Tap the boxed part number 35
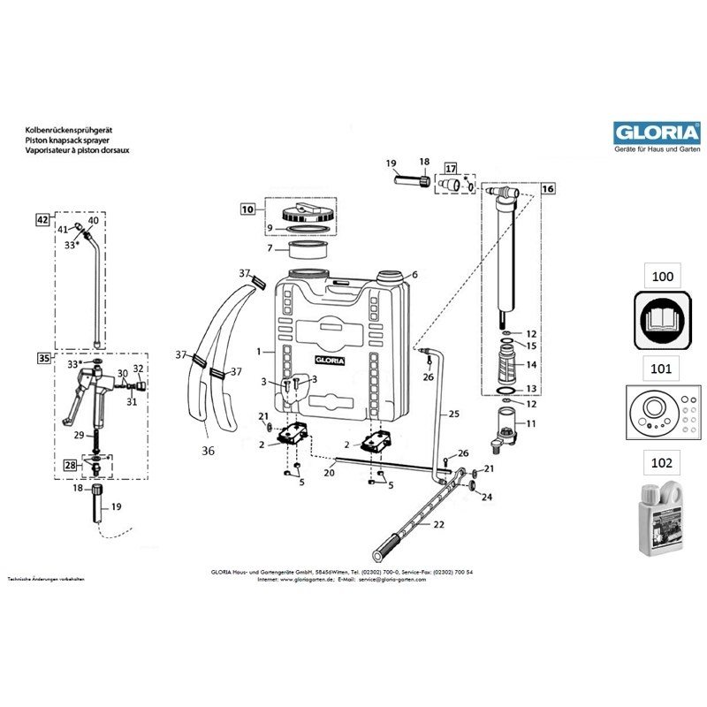pyautogui.click(x=42, y=358)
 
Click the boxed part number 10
pyautogui.click(x=247, y=209)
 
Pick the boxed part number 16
pyautogui.click(x=548, y=188)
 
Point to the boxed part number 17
pyautogui.click(x=451, y=168)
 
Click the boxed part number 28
pyautogui.click(x=70, y=464)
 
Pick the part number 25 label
pyautogui.click(x=454, y=413)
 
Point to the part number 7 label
pyautogui.click(x=270, y=247)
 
